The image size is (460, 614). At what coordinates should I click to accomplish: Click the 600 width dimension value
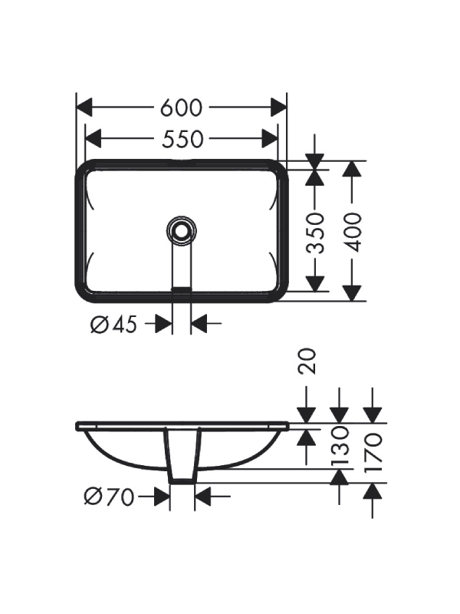(x=181, y=107)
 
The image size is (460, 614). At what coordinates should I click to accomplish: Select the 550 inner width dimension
(x=182, y=139)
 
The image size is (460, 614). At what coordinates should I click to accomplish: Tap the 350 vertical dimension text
(x=315, y=233)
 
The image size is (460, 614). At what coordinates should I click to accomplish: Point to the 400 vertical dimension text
(x=353, y=233)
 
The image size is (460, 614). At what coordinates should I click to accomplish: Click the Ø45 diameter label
(x=113, y=324)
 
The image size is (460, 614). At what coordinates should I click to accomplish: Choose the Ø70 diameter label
(x=109, y=497)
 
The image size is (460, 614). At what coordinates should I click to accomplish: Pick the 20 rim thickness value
(x=307, y=361)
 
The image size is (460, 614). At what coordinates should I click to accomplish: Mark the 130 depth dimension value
(x=340, y=446)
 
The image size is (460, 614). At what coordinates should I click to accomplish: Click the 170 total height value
(x=373, y=453)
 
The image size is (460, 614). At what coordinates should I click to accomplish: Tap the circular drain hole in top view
(x=181, y=231)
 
